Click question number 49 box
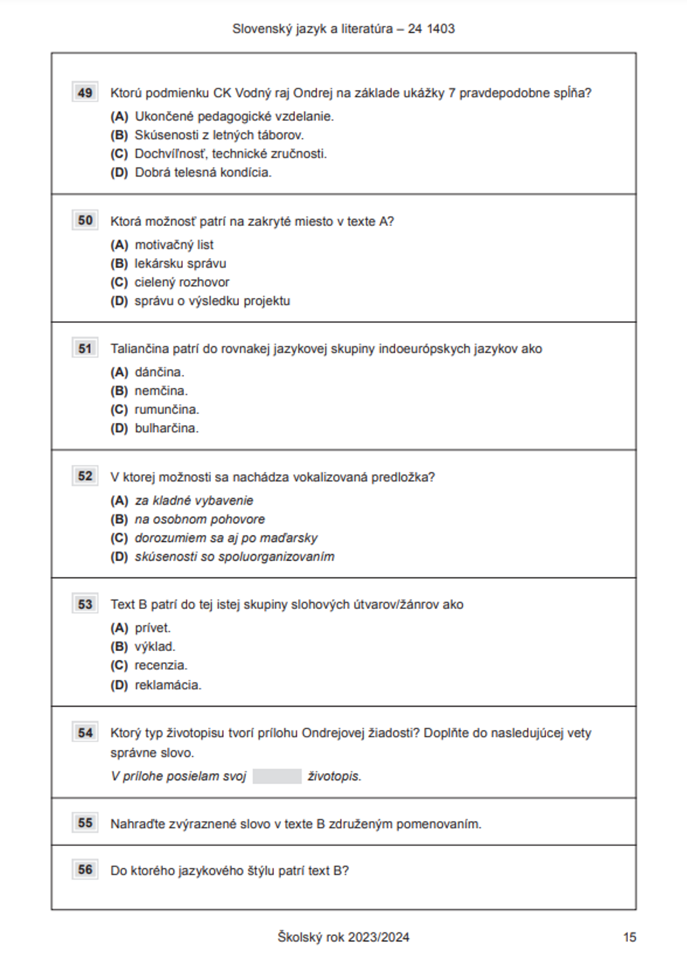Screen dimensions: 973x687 [85, 93]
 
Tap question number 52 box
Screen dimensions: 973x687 [85, 476]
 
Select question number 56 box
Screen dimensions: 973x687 [85, 869]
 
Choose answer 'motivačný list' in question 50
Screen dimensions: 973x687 [174, 245]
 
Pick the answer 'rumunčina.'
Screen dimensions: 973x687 [167, 410]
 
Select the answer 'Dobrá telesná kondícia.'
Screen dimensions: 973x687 [203, 172]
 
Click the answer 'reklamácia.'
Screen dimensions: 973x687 [168, 685]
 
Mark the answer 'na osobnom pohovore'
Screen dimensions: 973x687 [199, 520]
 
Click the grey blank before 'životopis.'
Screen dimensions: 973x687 [277, 777]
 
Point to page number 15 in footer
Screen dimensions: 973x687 [629, 937]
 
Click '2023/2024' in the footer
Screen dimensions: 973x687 [379, 937]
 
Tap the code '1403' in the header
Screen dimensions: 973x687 [440, 29]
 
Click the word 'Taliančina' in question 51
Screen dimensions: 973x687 [140, 349]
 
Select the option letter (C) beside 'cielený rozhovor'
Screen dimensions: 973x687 [120, 282]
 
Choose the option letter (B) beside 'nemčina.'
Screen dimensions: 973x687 [120, 391]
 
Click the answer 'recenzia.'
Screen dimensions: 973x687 [161, 665]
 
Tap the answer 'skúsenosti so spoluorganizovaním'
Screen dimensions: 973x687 [234, 557]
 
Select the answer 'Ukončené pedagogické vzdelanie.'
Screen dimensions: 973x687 [234, 117]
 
